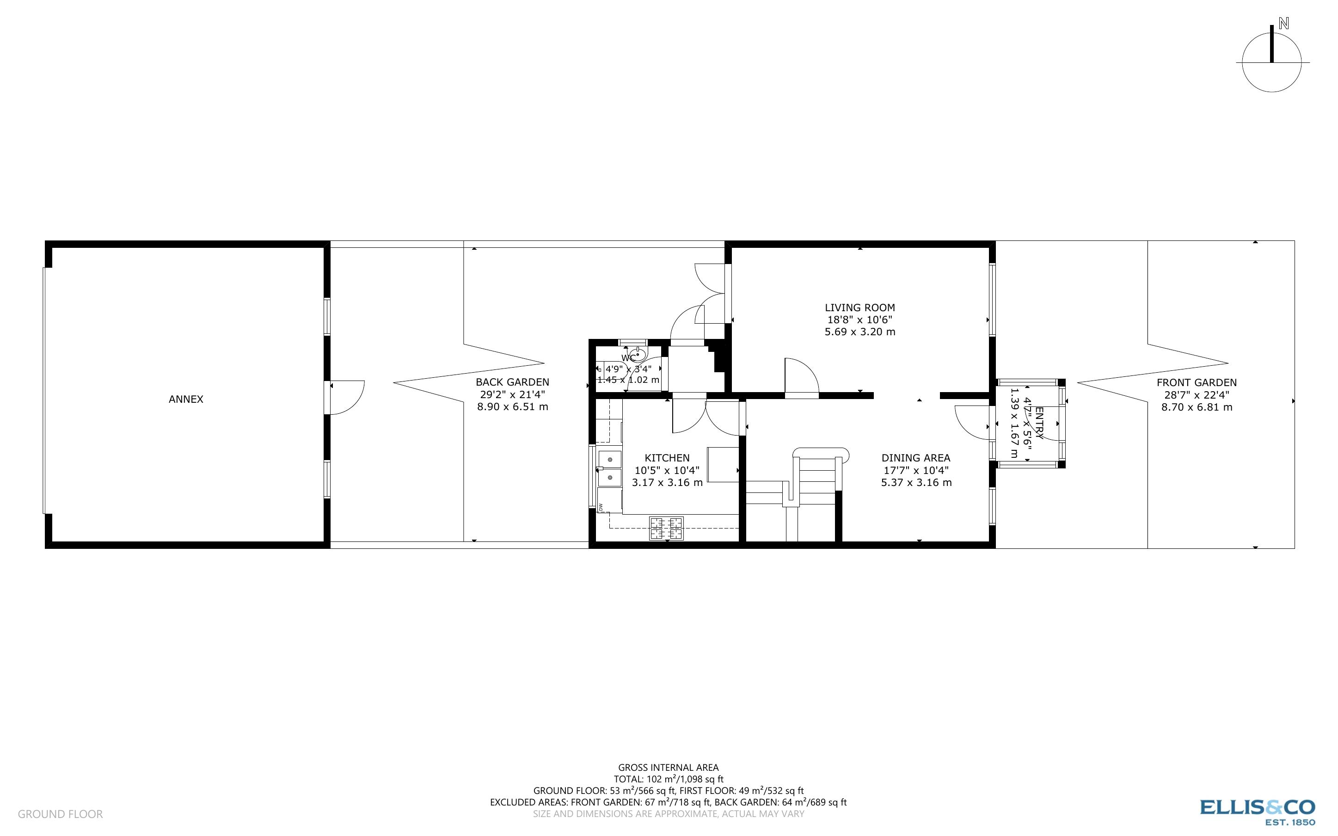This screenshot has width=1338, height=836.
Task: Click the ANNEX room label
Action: (186, 399)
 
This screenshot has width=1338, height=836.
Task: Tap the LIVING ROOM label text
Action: (859, 308)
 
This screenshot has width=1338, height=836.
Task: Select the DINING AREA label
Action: (916, 458)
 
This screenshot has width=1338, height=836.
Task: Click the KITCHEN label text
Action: (667, 458)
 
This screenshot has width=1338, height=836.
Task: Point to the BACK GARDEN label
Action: (512, 382)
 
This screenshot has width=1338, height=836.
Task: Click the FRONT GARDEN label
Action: (1197, 382)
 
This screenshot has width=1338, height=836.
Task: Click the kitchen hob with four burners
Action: (666, 528)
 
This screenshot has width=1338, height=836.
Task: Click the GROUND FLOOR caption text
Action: (60, 814)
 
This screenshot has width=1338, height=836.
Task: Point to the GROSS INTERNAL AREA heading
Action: (668, 768)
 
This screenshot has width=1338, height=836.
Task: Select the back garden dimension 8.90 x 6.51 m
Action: (512, 407)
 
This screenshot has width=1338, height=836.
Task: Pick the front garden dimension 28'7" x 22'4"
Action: (1197, 395)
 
